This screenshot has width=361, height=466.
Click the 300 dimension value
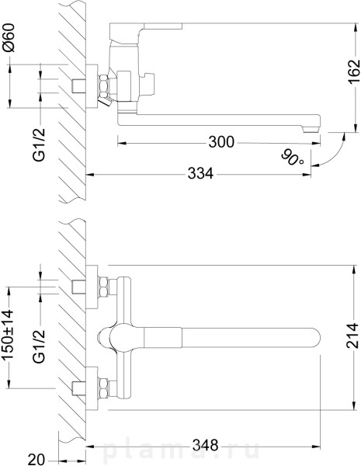[x=221, y=142]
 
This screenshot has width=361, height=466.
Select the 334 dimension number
[x=200, y=173]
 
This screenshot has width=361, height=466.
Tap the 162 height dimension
[x=354, y=72]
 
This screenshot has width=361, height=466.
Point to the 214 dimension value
[x=353, y=336]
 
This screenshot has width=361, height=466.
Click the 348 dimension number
[x=205, y=446]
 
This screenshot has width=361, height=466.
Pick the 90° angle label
[x=293, y=158]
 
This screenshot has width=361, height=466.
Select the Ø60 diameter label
[x=8, y=38]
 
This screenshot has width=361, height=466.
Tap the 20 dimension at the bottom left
[x=36, y=459]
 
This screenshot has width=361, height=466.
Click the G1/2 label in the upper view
[x=40, y=144]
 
